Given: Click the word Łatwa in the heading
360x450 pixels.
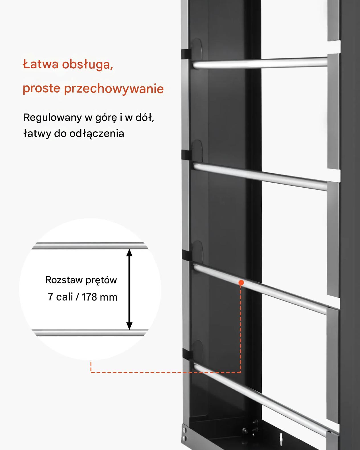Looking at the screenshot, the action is point(40,64).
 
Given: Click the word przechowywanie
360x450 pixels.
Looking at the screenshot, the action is point(114,89).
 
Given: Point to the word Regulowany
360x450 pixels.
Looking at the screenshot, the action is point(52,118).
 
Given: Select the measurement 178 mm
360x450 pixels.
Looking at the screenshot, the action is point(99,297).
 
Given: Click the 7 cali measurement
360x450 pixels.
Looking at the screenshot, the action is point(60,297).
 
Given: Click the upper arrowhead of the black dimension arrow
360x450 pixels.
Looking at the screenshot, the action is point(129,253).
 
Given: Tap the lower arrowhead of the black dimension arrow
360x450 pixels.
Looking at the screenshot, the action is point(129,326).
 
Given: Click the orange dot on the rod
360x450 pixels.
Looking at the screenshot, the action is point(241,283).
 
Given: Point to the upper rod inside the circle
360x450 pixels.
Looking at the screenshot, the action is point(90,246).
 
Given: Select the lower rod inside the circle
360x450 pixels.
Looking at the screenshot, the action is point(90,333).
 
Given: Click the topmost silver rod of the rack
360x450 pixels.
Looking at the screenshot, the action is point(260,63).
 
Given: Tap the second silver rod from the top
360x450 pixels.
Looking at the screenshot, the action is point(260,177).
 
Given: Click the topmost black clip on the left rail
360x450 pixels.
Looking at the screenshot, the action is point(186,54).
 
